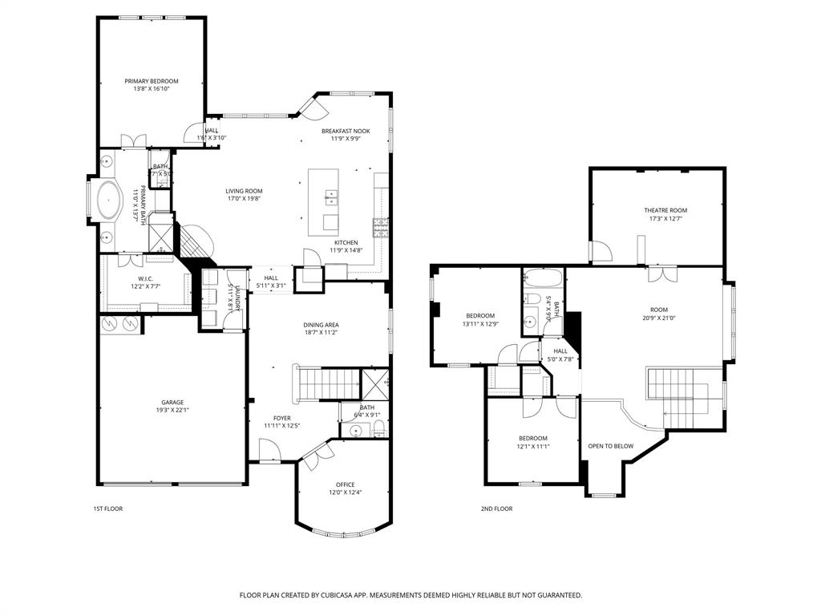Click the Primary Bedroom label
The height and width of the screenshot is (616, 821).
pyautogui.click(x=151, y=81)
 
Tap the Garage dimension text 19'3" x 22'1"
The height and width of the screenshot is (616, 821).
pyautogui.click(x=172, y=411)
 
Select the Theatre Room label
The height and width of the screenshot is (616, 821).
pyautogui.click(x=665, y=210)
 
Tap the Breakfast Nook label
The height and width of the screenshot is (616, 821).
pyautogui.click(x=346, y=131)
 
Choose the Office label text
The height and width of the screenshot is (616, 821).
pyautogui.click(x=345, y=484)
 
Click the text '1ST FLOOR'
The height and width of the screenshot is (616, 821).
pyautogui.click(x=108, y=509)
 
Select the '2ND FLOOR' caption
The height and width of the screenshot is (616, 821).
pyautogui.click(x=496, y=509)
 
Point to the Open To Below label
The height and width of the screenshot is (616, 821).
pyautogui.click(x=611, y=446)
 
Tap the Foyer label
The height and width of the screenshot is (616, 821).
pyautogui.click(x=282, y=418)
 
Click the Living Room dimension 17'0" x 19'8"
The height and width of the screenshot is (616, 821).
pyautogui.click(x=244, y=199)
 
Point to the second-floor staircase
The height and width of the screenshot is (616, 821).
pyautogui.click(x=677, y=389)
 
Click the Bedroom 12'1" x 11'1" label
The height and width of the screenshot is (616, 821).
pyautogui.click(x=532, y=438)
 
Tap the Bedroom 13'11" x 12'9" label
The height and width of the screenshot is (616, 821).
pyautogui.click(x=480, y=315)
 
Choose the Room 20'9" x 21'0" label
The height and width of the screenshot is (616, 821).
pyautogui.click(x=659, y=310)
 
